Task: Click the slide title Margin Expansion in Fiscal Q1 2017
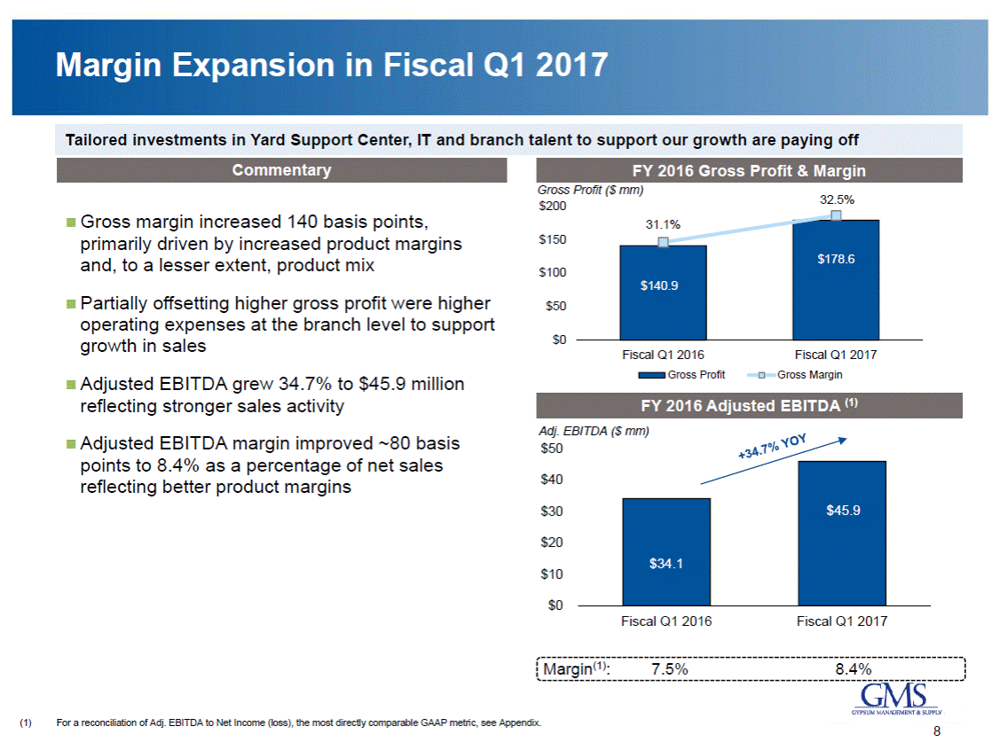(331, 66)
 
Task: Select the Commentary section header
(281, 170)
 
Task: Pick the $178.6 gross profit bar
(836, 279)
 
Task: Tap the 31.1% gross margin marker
(663, 242)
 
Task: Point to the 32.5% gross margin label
(836, 199)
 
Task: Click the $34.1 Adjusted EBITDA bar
(665, 551)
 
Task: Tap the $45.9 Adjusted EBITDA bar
(841, 533)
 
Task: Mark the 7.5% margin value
(669, 669)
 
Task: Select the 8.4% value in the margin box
(853, 669)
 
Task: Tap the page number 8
(936, 731)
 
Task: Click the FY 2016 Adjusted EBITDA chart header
(750, 406)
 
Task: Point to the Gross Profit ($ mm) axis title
(590, 190)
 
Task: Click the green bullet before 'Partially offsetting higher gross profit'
(71, 304)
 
